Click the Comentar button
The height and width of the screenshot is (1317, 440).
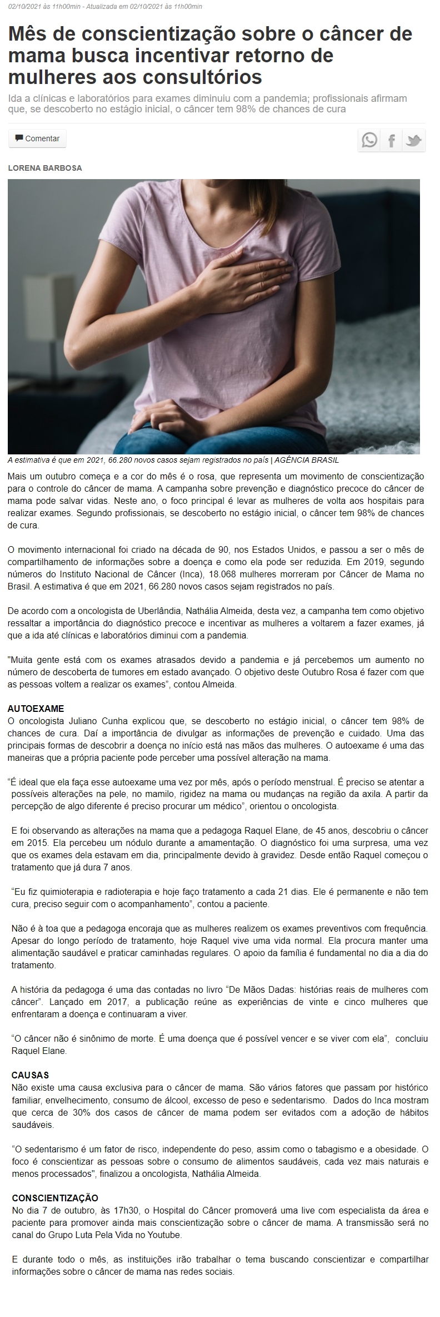(37, 138)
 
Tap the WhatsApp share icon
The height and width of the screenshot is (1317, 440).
(369, 140)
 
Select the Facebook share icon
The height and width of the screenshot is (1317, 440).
(391, 140)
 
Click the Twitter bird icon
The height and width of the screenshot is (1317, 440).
(413, 140)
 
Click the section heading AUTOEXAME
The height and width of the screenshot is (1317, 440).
(36, 709)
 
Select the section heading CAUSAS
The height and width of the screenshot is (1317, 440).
(31, 1075)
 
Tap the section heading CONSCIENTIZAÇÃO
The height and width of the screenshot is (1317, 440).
(55, 1197)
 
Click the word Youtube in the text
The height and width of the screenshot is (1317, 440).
(165, 1234)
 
